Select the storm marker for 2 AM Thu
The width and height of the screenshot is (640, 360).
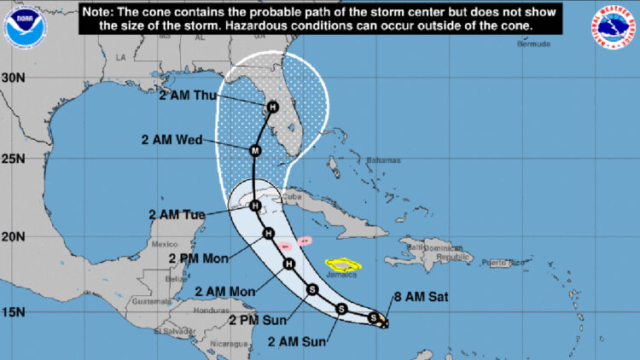(272, 107)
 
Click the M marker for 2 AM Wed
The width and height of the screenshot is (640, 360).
(254, 150)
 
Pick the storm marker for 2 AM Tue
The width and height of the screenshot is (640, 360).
(253, 205)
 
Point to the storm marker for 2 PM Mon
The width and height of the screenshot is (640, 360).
(268, 234)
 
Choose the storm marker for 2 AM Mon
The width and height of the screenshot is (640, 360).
(289, 264)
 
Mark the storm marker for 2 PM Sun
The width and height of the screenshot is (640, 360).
(313, 289)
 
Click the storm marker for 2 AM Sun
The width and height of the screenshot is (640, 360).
(341, 308)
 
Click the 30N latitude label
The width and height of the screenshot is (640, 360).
(13, 78)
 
